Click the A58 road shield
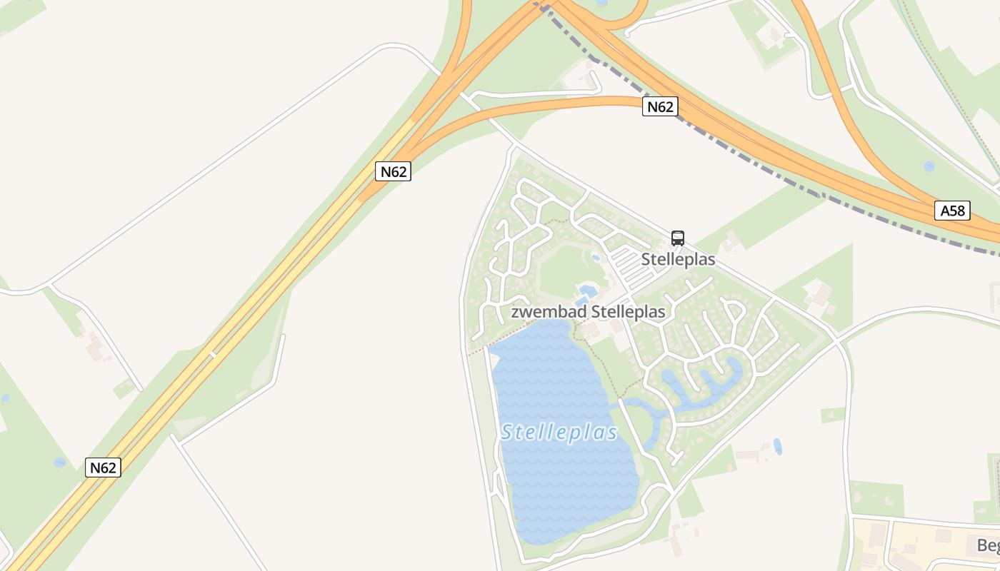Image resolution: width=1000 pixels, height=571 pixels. (952, 211)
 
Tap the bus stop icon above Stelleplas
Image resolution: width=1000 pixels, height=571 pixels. (678, 238)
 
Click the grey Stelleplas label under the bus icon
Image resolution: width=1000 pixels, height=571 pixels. (678, 259)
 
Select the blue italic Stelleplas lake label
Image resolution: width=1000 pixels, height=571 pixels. (559, 433)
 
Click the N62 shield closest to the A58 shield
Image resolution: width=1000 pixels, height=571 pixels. (659, 107)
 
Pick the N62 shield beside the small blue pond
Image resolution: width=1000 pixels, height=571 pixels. (103, 468)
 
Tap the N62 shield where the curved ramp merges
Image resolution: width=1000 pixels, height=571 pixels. (393, 171)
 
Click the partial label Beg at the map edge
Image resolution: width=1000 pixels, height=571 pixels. (988, 546)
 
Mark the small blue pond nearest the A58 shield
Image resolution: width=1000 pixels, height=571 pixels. (929, 166)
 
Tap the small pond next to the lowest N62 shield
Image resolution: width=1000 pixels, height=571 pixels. (60, 463)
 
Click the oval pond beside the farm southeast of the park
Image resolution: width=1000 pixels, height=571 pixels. (777, 446)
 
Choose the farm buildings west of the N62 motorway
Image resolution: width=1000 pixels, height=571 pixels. (94, 345)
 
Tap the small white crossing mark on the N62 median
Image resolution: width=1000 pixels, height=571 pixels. (212, 353)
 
